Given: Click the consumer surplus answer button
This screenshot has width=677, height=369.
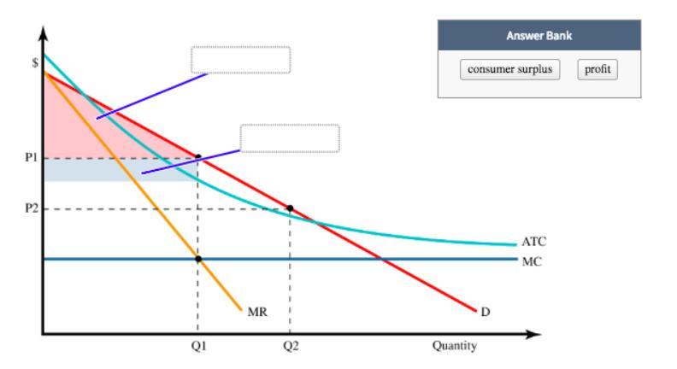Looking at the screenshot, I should (x=509, y=69).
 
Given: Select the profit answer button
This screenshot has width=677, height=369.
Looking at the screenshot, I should (x=597, y=69).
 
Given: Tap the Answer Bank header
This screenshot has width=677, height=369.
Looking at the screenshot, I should (x=539, y=35).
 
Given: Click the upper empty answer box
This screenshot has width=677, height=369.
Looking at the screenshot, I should (x=240, y=60).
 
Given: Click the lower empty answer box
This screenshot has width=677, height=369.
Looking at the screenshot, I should (x=290, y=138).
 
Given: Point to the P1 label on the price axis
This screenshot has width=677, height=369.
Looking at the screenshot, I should (x=31, y=158).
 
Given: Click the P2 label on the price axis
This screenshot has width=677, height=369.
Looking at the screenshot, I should (x=31, y=209).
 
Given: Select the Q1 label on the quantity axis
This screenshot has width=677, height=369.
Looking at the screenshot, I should (x=198, y=346).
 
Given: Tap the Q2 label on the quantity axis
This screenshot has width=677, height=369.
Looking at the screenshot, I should (x=291, y=346).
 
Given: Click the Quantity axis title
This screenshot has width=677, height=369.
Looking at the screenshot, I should (x=455, y=346).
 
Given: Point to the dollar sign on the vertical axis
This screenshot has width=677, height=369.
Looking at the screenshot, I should (x=34, y=62).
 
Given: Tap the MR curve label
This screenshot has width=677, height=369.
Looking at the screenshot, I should (x=257, y=313).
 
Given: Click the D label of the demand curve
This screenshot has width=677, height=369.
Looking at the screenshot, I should (x=486, y=312).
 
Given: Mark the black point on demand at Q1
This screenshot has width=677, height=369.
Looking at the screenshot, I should (x=198, y=158).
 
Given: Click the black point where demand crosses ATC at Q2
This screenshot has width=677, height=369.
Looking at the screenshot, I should (x=290, y=208).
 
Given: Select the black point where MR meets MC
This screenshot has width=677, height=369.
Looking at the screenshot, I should (x=198, y=259).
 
